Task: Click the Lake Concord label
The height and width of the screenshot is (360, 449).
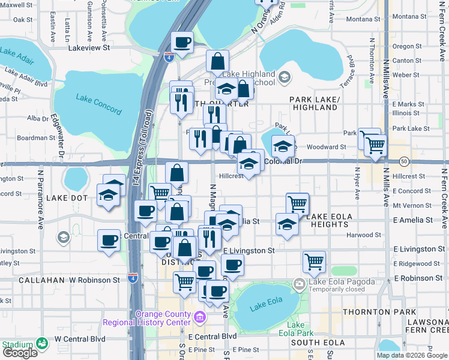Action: [99, 101]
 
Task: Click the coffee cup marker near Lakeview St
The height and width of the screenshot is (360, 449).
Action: [182, 42]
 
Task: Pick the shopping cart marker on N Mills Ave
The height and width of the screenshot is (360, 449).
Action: [375, 145]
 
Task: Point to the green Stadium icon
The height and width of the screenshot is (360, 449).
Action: [42, 344]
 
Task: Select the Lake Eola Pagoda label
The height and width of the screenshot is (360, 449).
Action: [337, 281]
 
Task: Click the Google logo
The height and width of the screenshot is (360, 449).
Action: [21, 353]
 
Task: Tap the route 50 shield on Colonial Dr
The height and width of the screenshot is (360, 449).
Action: [404, 161]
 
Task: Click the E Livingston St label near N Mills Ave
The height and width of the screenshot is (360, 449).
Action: [419, 249]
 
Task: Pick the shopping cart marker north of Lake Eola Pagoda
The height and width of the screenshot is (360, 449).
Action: [314, 261]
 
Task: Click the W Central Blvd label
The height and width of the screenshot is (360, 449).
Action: [79, 338]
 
